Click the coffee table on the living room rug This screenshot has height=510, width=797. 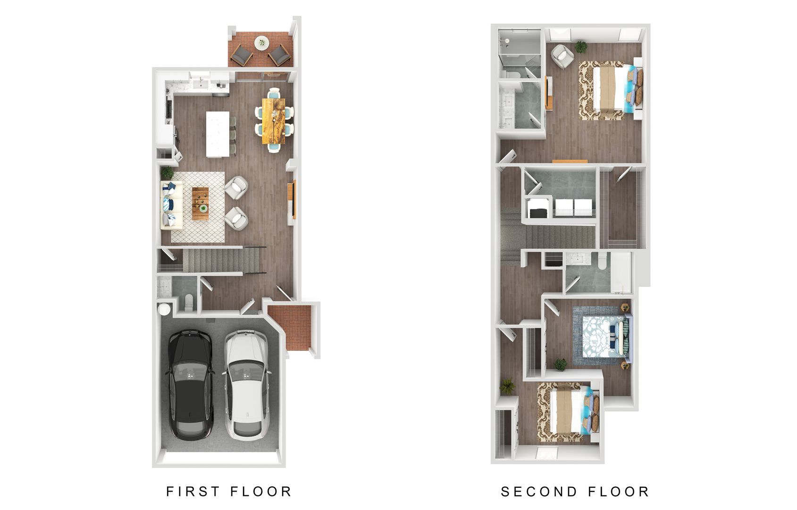pos(200,204)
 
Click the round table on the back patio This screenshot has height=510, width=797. pos(260,43)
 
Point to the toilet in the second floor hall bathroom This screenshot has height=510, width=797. pos(602,261)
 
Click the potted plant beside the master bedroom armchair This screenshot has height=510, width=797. pos(581,47)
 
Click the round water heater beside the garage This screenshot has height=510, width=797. pos(164,309)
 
